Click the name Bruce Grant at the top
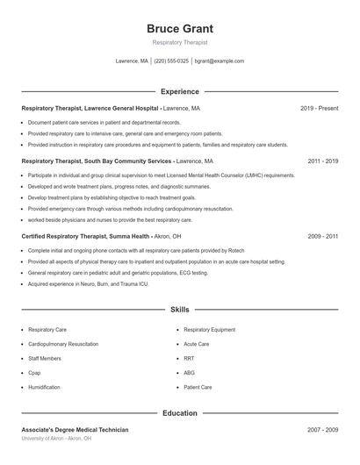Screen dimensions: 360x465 [x=179, y=28]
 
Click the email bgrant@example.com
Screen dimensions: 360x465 [x=219, y=61]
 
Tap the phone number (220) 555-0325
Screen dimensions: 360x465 [x=172, y=61]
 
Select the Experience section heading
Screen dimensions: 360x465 [x=179, y=91]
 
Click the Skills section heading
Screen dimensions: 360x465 [x=179, y=310]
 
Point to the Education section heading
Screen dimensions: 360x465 [x=179, y=412]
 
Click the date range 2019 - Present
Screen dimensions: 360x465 [x=319, y=108]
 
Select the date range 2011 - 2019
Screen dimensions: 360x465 [x=322, y=161]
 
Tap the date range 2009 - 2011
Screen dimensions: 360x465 [x=322, y=236]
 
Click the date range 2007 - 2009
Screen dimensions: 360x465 [x=322, y=430]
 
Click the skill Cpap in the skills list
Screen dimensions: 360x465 [x=35, y=373]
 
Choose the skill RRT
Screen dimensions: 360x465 [x=189, y=358]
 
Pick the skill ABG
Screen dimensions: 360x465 [x=190, y=373]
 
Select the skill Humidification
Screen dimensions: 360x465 [x=44, y=387]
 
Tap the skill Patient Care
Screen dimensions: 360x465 [x=198, y=387]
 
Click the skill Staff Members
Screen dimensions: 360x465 [x=44, y=358]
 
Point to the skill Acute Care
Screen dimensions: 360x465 [x=196, y=344]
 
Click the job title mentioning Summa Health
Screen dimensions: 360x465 [x=101, y=236]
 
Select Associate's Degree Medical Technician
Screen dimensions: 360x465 [x=75, y=430]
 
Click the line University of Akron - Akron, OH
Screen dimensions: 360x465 [x=56, y=438]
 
